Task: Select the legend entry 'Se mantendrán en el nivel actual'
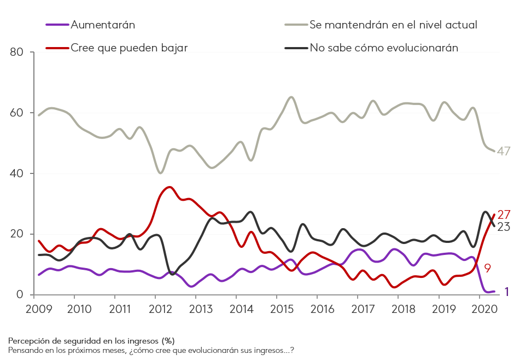[x=393, y=25]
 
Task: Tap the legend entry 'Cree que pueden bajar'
[x=129, y=48]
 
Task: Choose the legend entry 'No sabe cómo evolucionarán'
[x=383, y=48]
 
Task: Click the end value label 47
[x=503, y=152]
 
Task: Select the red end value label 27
[x=504, y=215]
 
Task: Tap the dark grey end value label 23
[x=503, y=227]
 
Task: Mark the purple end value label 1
[x=506, y=292]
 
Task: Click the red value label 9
[x=487, y=268]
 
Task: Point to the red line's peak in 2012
[x=169, y=187]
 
